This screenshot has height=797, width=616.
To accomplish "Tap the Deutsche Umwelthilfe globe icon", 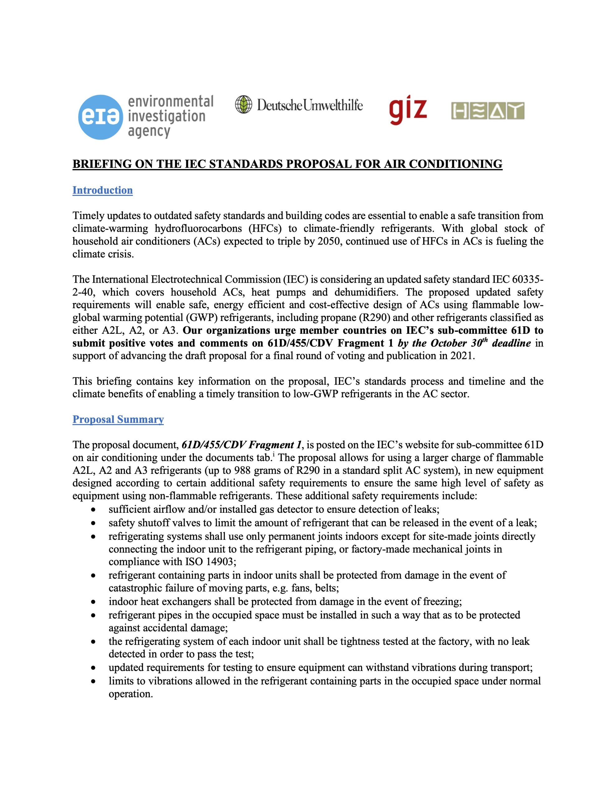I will tap(244, 104).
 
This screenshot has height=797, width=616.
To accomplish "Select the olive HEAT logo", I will tap(487, 111).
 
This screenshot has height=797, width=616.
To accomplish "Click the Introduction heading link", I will tap(102, 190).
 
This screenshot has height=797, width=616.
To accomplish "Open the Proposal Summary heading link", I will tap(118, 419).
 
